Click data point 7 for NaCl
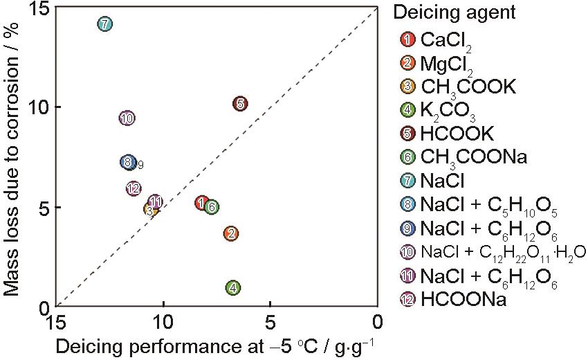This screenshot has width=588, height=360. pos(104,24)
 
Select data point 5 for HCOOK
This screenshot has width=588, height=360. pos(239,104)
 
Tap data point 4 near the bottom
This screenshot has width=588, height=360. pos(233,288)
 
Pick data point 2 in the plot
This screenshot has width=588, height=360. pos(231,234)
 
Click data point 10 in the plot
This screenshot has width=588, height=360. pos(126,118)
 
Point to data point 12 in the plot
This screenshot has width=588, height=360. pos(134,188)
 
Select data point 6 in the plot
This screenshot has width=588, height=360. pos(212,206)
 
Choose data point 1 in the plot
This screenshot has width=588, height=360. pos(201,203)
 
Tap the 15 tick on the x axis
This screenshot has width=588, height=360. pos(55,322)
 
